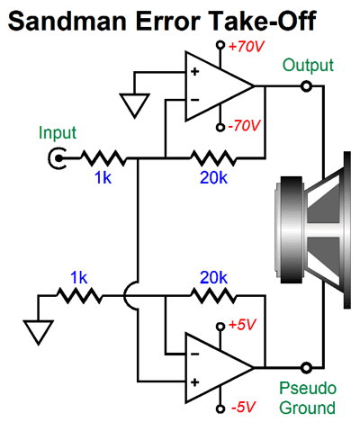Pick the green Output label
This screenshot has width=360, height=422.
coord(308,65)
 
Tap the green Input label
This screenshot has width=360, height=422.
coord(57,133)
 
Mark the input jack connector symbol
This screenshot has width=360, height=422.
coord(59,160)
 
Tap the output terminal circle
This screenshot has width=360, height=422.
coord(307,86)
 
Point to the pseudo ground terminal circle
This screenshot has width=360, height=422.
coord(307,367)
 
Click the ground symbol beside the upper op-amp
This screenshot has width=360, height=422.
coord(134,105)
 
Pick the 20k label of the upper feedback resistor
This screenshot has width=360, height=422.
coord(213,179)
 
